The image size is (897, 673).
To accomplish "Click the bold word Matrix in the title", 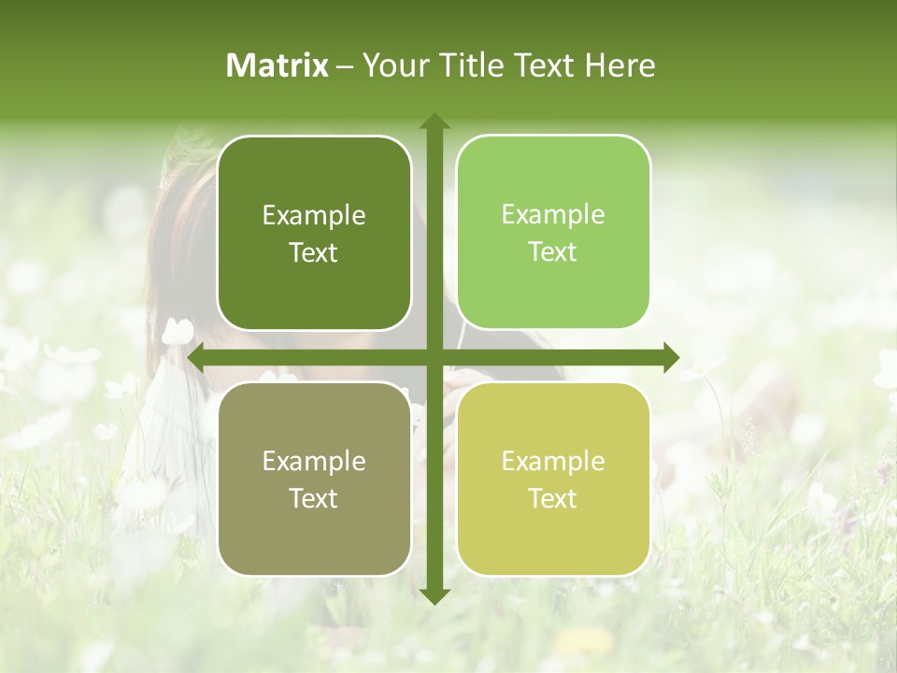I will pos(278,65).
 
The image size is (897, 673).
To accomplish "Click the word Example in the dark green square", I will pos(314,216).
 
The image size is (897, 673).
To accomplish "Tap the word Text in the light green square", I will pos(553,252).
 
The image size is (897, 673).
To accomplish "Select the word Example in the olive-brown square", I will pos(314,462).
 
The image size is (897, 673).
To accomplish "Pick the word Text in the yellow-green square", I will pos(553,499).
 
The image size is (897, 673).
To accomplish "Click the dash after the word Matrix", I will pos(345,66).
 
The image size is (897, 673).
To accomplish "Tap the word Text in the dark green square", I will pos(314,252).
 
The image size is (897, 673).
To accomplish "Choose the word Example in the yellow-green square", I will pos(553,462).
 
